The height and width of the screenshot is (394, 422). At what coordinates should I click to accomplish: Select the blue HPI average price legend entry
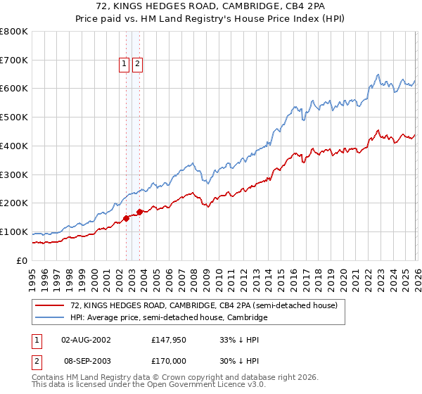pyautogui.click(x=169, y=318)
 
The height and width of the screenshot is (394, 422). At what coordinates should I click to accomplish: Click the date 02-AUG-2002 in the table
pyautogui.click(x=86, y=340)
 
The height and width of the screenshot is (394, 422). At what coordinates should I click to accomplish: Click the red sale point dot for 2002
pyautogui.click(x=126, y=218)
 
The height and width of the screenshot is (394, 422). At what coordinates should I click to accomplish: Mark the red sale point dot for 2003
pyautogui.click(x=140, y=212)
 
